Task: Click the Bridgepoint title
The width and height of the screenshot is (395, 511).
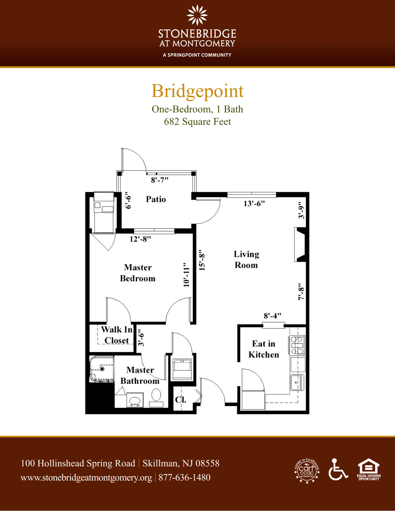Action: point(197,91)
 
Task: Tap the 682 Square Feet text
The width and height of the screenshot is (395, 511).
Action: point(197,122)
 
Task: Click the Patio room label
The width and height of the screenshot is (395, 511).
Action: point(156,199)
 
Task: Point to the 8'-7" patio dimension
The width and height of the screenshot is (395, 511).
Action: point(160,180)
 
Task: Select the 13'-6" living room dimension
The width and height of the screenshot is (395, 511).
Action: point(254,203)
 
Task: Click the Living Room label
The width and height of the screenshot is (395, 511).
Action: point(246,259)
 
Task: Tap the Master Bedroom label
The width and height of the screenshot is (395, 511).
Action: point(138,273)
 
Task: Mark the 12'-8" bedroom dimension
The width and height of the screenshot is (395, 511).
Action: point(140,239)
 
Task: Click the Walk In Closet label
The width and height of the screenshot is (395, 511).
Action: point(117,335)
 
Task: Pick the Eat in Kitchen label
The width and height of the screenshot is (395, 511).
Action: point(264,349)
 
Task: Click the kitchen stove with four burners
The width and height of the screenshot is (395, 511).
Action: point(297,345)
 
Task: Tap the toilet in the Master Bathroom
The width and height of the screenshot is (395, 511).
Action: point(156,396)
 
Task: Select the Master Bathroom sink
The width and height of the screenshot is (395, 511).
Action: point(135,400)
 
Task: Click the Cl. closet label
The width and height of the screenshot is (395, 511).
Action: point(181,400)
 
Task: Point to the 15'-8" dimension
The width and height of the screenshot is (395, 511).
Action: point(202,260)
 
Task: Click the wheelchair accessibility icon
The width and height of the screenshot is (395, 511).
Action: point(338,470)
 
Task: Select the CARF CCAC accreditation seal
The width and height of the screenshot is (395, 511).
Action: point(307,471)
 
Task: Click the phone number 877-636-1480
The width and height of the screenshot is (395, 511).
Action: point(184,478)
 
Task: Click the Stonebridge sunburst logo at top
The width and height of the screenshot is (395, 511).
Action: point(197,15)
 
